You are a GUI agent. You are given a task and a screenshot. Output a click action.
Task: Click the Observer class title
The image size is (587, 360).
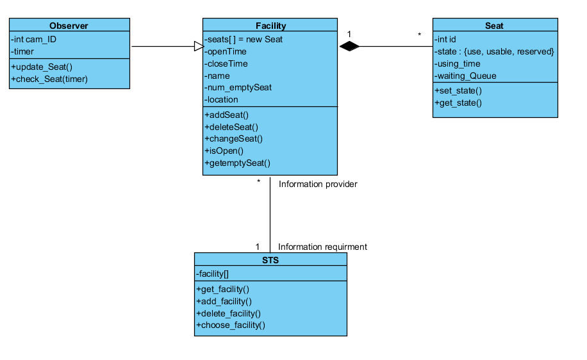coord(69,26)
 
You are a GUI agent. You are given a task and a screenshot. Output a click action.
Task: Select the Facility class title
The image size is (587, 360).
coord(270,26)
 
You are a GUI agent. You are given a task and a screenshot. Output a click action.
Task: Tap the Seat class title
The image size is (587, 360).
coord(494,26)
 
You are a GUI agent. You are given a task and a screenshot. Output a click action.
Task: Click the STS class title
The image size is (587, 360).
coord(270,260)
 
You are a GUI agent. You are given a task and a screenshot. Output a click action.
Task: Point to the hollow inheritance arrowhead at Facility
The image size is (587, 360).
coord(199,46)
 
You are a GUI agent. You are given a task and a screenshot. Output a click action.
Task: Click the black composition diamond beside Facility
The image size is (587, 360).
coord(350,46)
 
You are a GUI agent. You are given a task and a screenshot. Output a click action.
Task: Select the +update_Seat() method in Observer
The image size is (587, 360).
coord(40,67)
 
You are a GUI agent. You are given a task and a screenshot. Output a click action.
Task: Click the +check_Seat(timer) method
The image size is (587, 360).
coord(49,79)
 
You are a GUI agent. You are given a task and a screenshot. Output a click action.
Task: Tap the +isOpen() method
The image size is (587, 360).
coord(224,151)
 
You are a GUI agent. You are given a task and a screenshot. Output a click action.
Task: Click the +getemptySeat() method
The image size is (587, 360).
coord(238,163)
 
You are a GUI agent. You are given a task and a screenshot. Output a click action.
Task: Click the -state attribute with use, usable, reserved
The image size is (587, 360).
coord(494,51)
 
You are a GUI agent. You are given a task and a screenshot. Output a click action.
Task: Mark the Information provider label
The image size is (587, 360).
coord(318,184)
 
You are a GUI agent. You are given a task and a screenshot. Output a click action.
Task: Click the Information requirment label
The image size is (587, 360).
coord(322,247)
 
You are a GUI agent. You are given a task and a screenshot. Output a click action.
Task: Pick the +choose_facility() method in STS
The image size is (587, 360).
coord(231,325)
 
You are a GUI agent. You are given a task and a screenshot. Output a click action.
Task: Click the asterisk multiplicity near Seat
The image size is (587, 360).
coord(420,34)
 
